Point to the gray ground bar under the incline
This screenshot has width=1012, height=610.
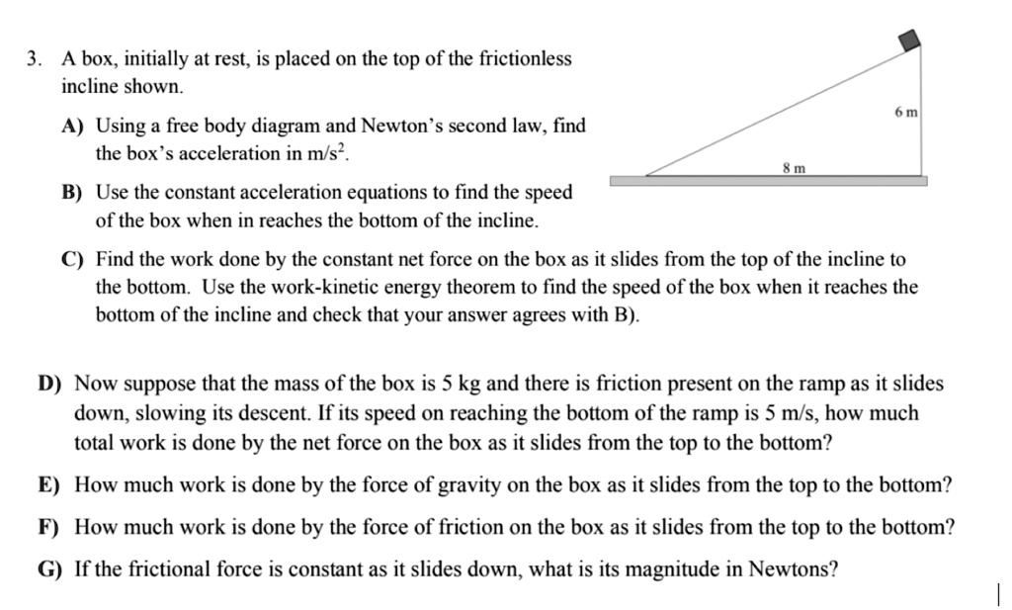click(x=768, y=181)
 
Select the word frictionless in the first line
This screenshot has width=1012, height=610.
click(x=525, y=59)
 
